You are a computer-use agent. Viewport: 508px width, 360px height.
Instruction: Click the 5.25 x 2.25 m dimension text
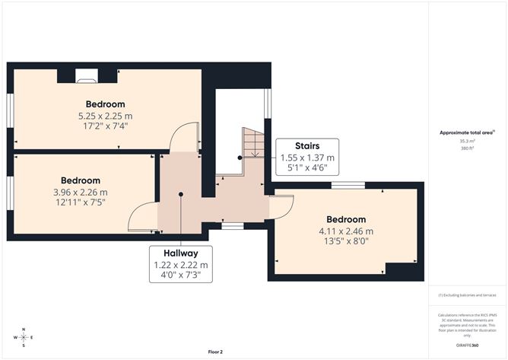[105, 116]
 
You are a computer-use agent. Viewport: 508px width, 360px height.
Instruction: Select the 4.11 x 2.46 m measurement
[346, 231]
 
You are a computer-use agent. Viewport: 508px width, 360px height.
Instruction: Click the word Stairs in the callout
[307, 145]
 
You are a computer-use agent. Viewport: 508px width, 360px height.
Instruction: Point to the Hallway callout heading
[181, 253]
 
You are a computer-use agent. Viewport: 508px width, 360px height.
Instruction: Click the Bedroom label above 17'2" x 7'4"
[105, 104]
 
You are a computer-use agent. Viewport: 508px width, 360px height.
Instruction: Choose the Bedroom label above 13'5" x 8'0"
[346, 220]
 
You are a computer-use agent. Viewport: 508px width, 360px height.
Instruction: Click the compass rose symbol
[24, 336]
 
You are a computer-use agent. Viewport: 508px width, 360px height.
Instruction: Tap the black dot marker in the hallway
[181, 194]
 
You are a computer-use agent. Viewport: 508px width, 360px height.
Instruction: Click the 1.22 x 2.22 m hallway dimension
[181, 265]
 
